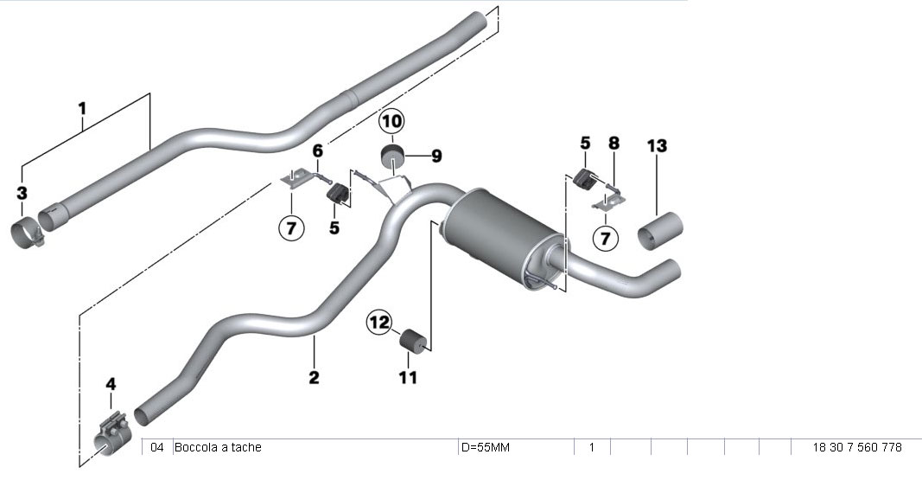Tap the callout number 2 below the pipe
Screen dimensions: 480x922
tap(314, 377)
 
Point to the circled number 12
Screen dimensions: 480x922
tap(379, 323)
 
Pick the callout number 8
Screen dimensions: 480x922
tap(614, 143)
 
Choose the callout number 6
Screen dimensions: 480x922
tap(317, 150)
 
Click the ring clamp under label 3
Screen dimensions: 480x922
tap(29, 234)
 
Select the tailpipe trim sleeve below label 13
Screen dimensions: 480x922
tap(661, 233)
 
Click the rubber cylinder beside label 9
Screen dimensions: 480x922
tap(394, 160)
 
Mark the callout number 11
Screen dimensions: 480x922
tap(408, 377)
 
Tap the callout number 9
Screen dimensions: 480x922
tap(436, 157)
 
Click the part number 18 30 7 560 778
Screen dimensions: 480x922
tap(856, 447)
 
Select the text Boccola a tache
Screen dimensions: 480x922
tap(218, 447)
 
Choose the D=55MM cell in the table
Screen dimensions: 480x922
tap(485, 447)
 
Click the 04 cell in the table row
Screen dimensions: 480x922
tap(156, 447)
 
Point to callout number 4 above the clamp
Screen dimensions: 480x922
tap(110, 382)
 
